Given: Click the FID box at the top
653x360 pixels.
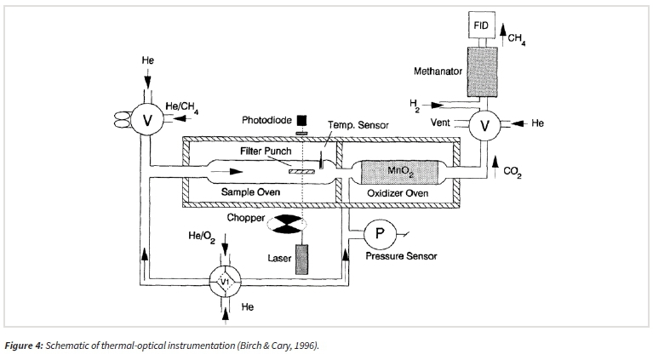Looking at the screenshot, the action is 481,25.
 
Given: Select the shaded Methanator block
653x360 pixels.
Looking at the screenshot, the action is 482,71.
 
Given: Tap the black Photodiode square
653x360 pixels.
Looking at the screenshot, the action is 302,120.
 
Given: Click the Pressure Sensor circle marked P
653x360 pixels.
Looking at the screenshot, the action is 380,234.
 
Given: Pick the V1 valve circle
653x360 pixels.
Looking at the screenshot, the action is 225,282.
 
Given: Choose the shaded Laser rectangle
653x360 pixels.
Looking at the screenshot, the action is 302,260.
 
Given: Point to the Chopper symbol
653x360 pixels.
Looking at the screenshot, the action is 287,224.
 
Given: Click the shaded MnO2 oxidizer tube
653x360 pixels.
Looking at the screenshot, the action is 398,172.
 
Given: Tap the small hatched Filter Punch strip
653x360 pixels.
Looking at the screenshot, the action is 302,171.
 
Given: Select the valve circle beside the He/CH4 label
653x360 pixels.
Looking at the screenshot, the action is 147,120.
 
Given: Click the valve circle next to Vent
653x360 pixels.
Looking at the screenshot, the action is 484,125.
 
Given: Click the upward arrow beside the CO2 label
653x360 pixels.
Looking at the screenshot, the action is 495,168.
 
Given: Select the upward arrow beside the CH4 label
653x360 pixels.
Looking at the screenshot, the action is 503,34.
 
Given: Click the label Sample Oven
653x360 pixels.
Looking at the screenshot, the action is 250,191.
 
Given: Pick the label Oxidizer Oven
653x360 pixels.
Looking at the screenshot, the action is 398,193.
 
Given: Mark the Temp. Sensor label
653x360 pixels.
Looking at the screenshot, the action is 358,125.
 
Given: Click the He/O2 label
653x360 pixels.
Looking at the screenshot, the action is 202,237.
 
